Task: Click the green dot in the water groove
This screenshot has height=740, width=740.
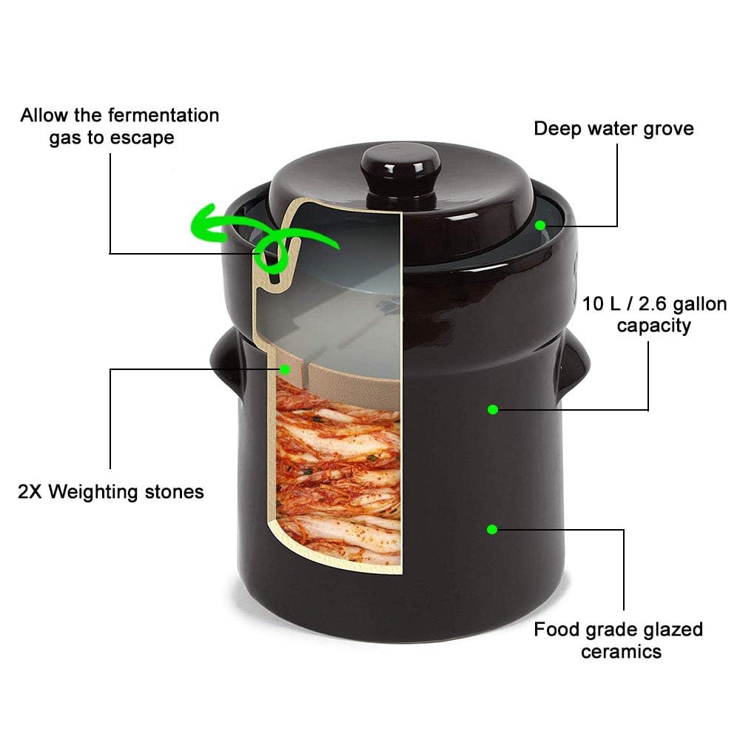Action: pos(542,224)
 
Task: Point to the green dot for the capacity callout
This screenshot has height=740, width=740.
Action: pos(492,409)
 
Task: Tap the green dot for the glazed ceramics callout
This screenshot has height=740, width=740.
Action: pos(491,529)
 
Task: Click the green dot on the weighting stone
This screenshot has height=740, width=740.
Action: pos(284,367)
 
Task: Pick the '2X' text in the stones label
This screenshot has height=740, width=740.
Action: pos(31,491)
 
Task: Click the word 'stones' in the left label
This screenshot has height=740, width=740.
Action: pos(172,491)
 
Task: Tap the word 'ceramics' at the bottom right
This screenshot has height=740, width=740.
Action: pos(620,652)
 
